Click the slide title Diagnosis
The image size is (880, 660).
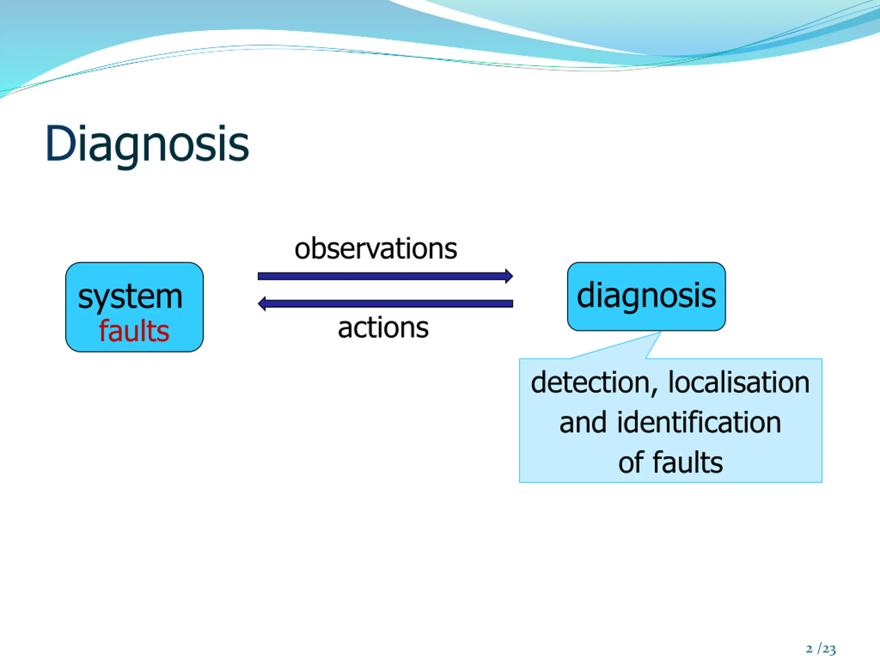[x=147, y=144]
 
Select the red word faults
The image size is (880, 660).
[x=134, y=331]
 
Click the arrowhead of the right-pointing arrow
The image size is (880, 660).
[x=509, y=276]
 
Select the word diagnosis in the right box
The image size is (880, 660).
[x=647, y=296]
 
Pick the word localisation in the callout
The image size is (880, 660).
[x=739, y=382]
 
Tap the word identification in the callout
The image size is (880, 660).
[x=699, y=422]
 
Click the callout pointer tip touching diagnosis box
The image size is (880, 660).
[x=660, y=332]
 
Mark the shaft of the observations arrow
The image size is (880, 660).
[x=382, y=276]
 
